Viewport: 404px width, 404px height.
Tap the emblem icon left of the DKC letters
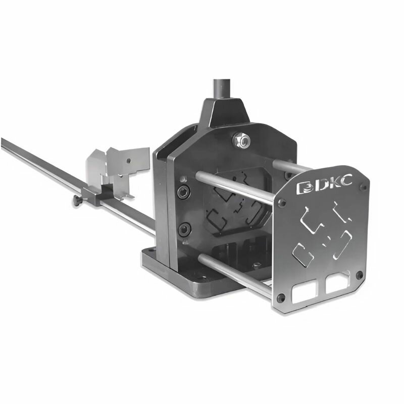305,188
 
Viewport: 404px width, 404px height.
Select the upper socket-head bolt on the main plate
184,192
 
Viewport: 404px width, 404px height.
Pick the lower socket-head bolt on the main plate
185,229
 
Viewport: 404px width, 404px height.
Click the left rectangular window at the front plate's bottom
304,291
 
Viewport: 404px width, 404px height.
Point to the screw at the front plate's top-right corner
364,187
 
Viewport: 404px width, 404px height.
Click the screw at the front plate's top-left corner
282,203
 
